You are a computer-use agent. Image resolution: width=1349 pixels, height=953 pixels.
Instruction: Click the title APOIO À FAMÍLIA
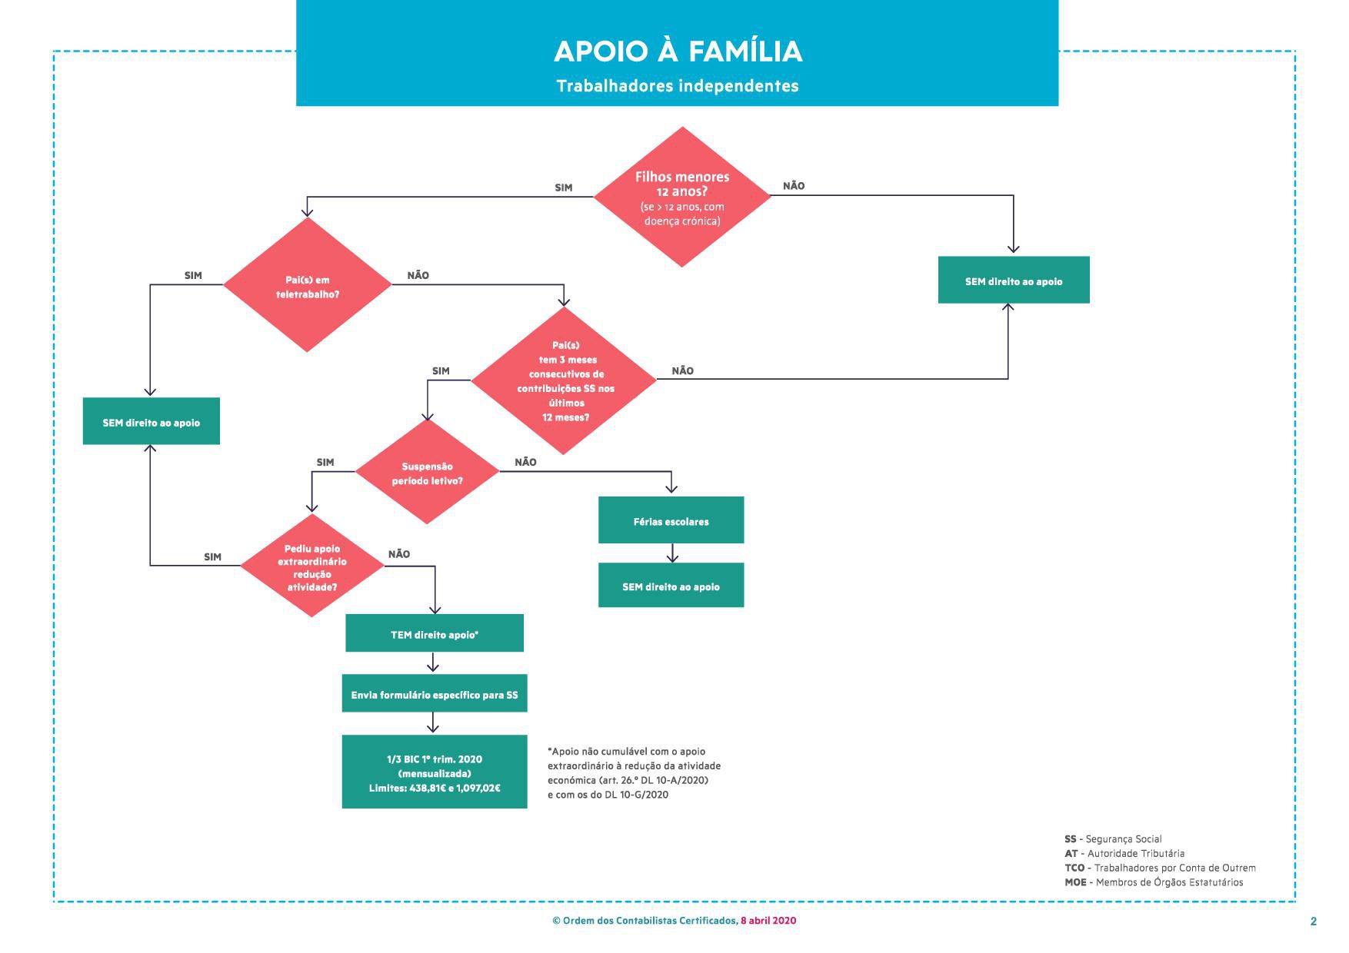(678, 51)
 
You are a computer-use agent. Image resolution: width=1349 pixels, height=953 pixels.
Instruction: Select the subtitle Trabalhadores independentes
(678, 86)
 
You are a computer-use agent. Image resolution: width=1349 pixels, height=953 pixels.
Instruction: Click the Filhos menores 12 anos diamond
(682, 197)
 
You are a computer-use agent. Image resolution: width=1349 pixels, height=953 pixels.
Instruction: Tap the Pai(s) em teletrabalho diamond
(308, 285)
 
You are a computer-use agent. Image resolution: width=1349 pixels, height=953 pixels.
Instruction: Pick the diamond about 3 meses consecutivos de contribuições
(564, 380)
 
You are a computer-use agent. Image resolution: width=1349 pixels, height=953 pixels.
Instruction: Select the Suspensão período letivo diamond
(427, 472)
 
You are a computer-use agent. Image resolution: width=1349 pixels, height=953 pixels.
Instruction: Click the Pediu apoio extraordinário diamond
(311, 566)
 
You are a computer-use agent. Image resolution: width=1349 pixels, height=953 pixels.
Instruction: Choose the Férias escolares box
(671, 520)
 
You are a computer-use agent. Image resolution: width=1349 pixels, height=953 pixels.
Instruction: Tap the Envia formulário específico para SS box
(435, 694)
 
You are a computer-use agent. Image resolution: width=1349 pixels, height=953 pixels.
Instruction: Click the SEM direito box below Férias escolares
(671, 586)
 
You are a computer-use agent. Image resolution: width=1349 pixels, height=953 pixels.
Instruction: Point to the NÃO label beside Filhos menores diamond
(794, 186)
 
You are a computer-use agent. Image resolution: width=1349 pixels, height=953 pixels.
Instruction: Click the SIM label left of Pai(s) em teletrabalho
(193, 276)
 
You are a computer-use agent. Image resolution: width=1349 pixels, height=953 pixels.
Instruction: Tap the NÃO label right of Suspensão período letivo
(525, 463)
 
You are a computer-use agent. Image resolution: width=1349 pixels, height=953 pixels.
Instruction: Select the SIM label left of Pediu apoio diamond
(212, 557)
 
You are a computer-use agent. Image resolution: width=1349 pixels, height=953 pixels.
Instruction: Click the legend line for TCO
(1160, 868)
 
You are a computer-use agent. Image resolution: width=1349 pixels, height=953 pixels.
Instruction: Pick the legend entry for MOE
(1154, 882)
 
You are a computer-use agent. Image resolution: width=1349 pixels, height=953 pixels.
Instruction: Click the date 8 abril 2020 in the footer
(768, 921)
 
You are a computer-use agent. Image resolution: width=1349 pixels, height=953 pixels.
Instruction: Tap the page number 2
(1314, 921)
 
